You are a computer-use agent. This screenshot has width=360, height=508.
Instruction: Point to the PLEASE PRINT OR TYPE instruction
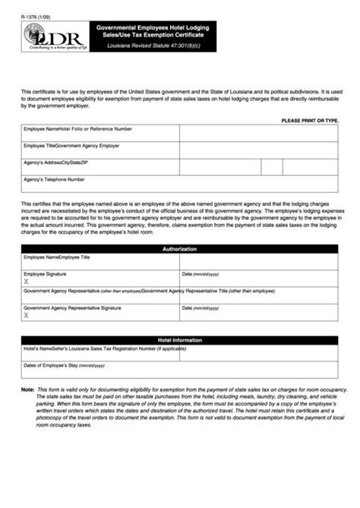[310, 121]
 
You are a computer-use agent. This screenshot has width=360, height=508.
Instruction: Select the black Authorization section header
[179, 249]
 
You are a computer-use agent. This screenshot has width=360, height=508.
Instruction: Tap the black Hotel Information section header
[179, 340]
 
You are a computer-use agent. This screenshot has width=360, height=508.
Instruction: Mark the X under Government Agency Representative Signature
[26, 317]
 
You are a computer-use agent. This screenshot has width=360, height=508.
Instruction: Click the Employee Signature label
[45, 273]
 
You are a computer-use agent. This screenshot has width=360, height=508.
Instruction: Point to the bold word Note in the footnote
[27, 390]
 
